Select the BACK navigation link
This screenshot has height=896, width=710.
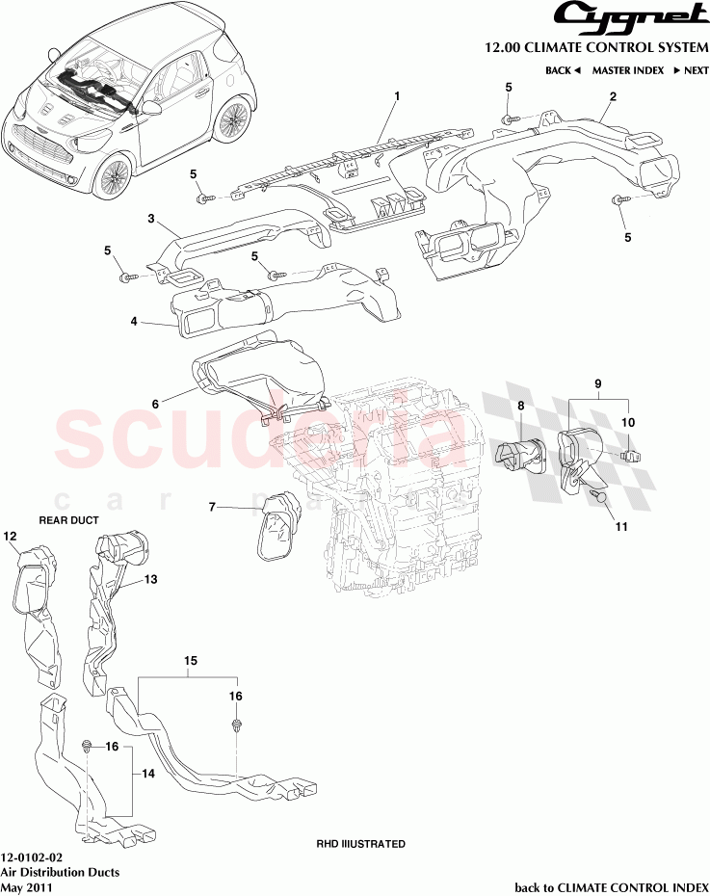[563, 70]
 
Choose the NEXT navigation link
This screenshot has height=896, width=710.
[691, 70]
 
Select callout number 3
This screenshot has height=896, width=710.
[151, 219]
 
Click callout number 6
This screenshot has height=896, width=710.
[154, 406]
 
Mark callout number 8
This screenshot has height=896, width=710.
[520, 407]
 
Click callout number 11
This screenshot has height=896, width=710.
[620, 527]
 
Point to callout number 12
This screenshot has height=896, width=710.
[11, 536]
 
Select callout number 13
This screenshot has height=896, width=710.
[150, 579]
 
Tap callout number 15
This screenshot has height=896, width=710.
[191, 661]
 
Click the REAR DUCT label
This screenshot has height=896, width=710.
[68, 519]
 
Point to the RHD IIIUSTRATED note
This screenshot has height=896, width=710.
[361, 844]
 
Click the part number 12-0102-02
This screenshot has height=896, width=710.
[33, 856]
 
